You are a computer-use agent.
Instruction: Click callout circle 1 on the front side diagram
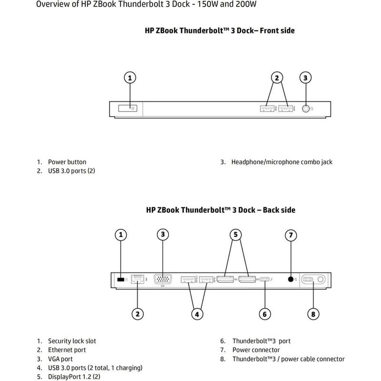(130, 78)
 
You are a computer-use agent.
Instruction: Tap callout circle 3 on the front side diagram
(306, 78)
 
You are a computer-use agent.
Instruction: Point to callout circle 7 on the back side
(291, 234)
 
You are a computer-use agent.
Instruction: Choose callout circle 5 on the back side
(235, 234)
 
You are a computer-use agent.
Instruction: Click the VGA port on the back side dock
(163, 280)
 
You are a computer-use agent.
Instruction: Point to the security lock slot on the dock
(120, 280)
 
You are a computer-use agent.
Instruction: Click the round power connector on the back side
(291, 279)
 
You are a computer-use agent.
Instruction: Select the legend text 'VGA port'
(60, 359)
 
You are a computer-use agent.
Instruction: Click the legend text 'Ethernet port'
(67, 350)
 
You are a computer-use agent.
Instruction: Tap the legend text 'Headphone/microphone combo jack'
(282, 162)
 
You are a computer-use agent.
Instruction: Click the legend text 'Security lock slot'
(72, 341)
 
